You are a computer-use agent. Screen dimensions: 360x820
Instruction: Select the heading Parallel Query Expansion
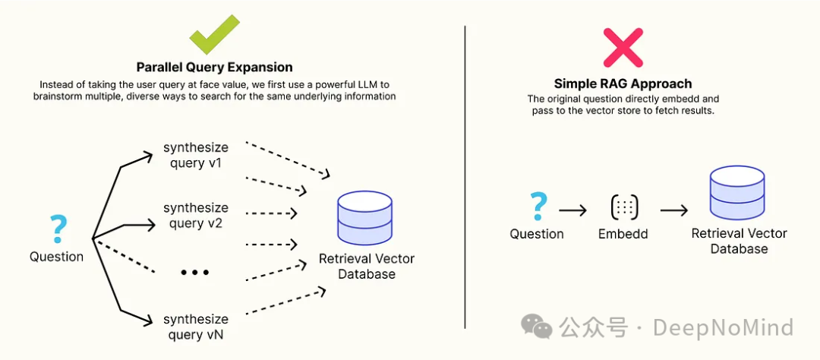coord(214,67)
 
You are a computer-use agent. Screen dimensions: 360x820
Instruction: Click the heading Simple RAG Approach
coord(623,84)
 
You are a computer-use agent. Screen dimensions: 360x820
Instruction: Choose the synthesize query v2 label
coord(196,215)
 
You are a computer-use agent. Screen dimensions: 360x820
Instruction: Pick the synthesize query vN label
coord(196,327)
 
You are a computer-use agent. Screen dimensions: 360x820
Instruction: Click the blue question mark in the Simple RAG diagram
coord(538,205)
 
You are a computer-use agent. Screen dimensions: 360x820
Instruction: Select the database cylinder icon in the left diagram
coord(366,218)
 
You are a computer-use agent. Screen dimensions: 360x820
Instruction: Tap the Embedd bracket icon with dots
coord(623,207)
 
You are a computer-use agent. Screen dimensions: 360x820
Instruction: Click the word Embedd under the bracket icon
coord(623,234)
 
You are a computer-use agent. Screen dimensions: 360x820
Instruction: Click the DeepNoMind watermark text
coord(723,327)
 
